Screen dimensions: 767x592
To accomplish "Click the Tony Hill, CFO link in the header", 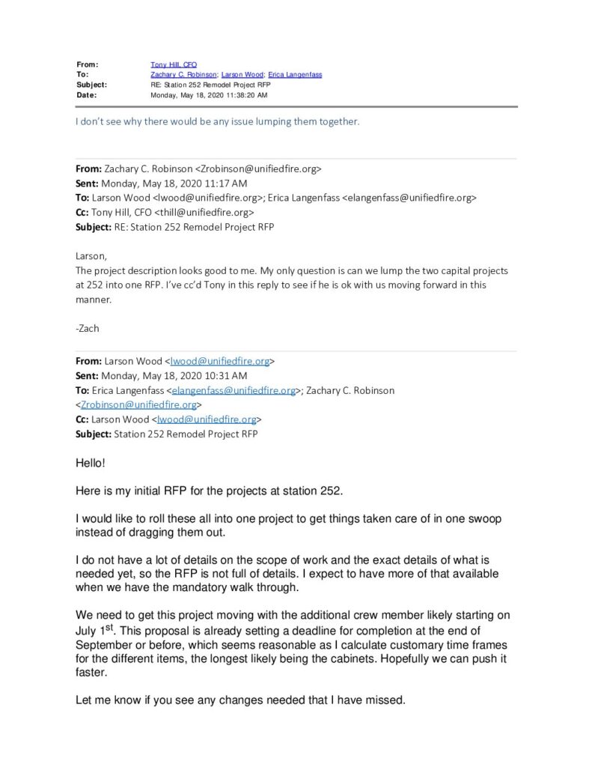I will [x=174, y=65].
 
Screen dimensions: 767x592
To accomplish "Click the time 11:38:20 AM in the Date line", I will [x=241, y=96].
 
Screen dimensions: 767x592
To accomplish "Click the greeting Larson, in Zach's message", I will [x=91, y=255].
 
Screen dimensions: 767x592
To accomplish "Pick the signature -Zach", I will [x=88, y=327].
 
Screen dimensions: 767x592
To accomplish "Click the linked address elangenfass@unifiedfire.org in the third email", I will [x=234, y=390].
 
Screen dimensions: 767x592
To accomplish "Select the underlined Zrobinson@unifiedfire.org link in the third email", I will [x=138, y=404].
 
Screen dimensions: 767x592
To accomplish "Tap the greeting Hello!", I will [x=91, y=464].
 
